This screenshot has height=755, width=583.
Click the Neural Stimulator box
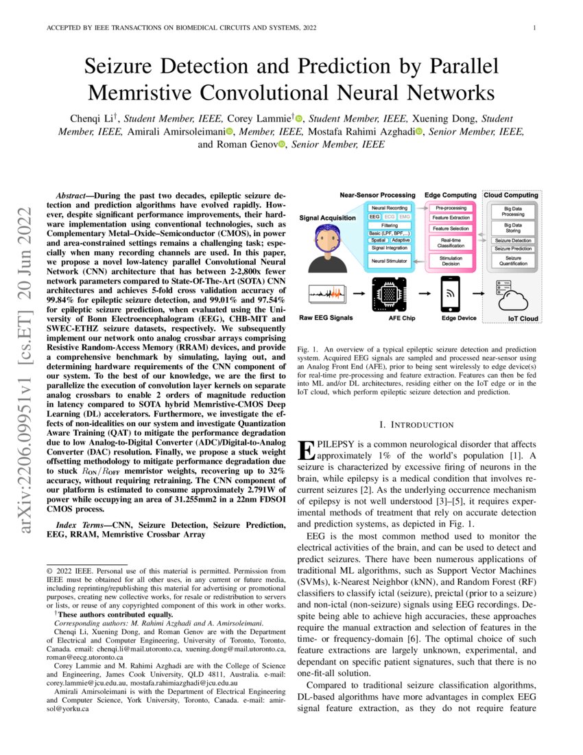pos(389,262)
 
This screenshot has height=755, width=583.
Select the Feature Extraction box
pos(451,218)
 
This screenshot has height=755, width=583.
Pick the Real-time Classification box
pos(451,242)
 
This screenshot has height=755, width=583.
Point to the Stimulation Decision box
pos(451,261)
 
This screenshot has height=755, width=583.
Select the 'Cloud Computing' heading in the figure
pos(511,196)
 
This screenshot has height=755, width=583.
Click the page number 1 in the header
pos(533,28)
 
